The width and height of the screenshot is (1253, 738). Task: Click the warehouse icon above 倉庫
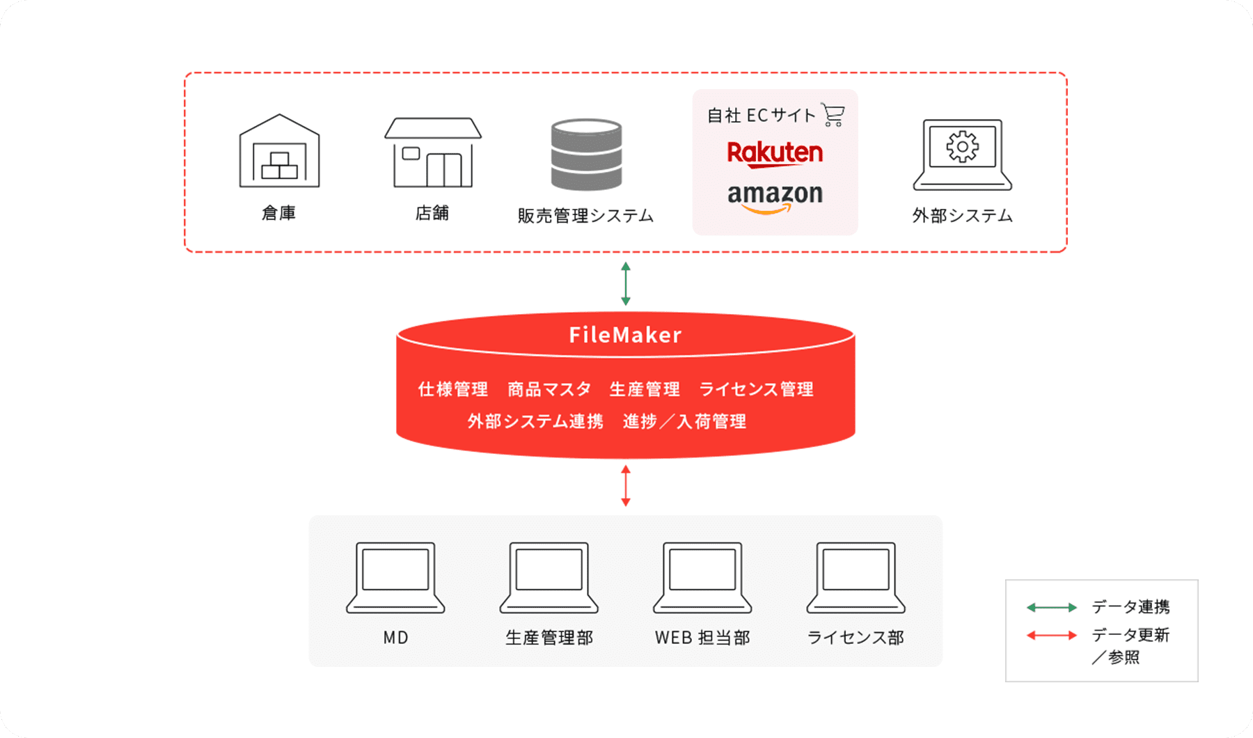point(279,151)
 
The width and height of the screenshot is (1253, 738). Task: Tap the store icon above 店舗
point(432,152)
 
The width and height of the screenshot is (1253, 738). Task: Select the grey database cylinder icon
point(586,155)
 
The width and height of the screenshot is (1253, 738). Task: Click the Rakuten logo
point(775,153)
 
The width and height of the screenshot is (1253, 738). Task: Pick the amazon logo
point(775,196)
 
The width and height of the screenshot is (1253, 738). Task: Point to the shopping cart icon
point(833,115)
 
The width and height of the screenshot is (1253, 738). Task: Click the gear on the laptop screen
point(962,147)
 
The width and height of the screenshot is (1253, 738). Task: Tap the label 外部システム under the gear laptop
point(962,216)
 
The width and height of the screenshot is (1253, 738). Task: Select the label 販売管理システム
point(585,216)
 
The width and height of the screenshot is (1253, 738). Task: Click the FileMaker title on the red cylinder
point(625,335)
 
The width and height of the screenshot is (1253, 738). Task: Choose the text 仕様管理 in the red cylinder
point(453,389)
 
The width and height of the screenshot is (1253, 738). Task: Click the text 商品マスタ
point(549,389)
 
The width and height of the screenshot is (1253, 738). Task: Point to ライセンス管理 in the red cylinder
point(756,389)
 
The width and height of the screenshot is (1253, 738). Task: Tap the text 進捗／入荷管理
point(684,421)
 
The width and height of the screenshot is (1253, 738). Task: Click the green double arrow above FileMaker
point(626,284)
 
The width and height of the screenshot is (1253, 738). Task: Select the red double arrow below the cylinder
point(626,485)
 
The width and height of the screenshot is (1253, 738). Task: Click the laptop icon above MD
point(395,577)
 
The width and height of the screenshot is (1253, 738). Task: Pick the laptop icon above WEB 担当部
point(702,577)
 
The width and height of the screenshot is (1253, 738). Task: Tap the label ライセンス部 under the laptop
point(855,638)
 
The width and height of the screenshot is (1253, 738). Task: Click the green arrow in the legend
point(1051,608)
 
